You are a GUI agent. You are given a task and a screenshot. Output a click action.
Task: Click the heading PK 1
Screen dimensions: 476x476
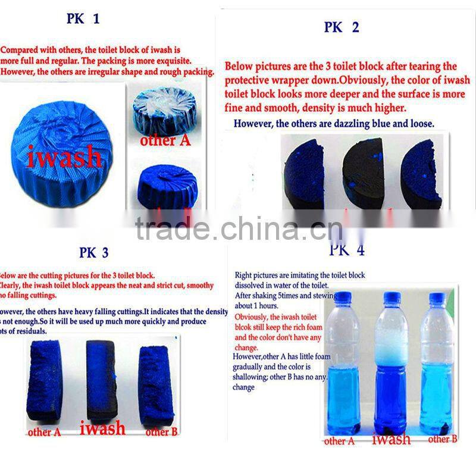click(x=83, y=20)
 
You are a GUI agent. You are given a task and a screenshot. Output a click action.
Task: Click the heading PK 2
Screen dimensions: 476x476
click(x=342, y=28)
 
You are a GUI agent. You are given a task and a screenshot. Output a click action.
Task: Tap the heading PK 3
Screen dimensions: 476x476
click(x=93, y=253)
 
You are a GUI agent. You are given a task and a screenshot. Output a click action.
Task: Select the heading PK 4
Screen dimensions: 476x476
click(x=347, y=250)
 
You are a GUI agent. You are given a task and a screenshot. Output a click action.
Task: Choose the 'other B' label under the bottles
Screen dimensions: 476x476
click(x=442, y=439)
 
